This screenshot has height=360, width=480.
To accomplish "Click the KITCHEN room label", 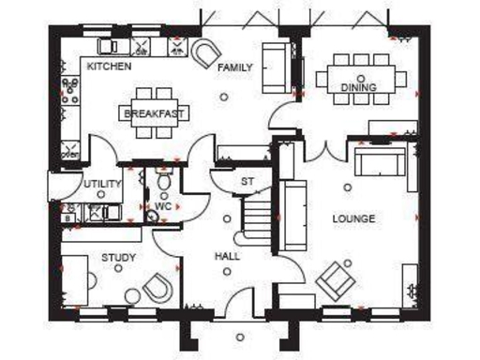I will click(109, 67).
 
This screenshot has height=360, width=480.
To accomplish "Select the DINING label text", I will click(358, 88).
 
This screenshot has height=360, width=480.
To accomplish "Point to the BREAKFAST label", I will click(152, 113).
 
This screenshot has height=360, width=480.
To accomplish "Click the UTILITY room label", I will click(102, 184).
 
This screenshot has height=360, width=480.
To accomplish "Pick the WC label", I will click(163, 205).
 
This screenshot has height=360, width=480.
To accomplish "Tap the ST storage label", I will click(247, 181).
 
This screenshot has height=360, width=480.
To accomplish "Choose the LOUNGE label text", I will click(353, 218).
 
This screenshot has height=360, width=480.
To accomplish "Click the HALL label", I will click(227, 255).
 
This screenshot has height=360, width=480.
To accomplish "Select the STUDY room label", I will click(119, 258).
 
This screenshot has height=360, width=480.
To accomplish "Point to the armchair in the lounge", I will click(335, 277).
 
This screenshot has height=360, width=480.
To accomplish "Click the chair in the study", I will click(157, 290).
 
